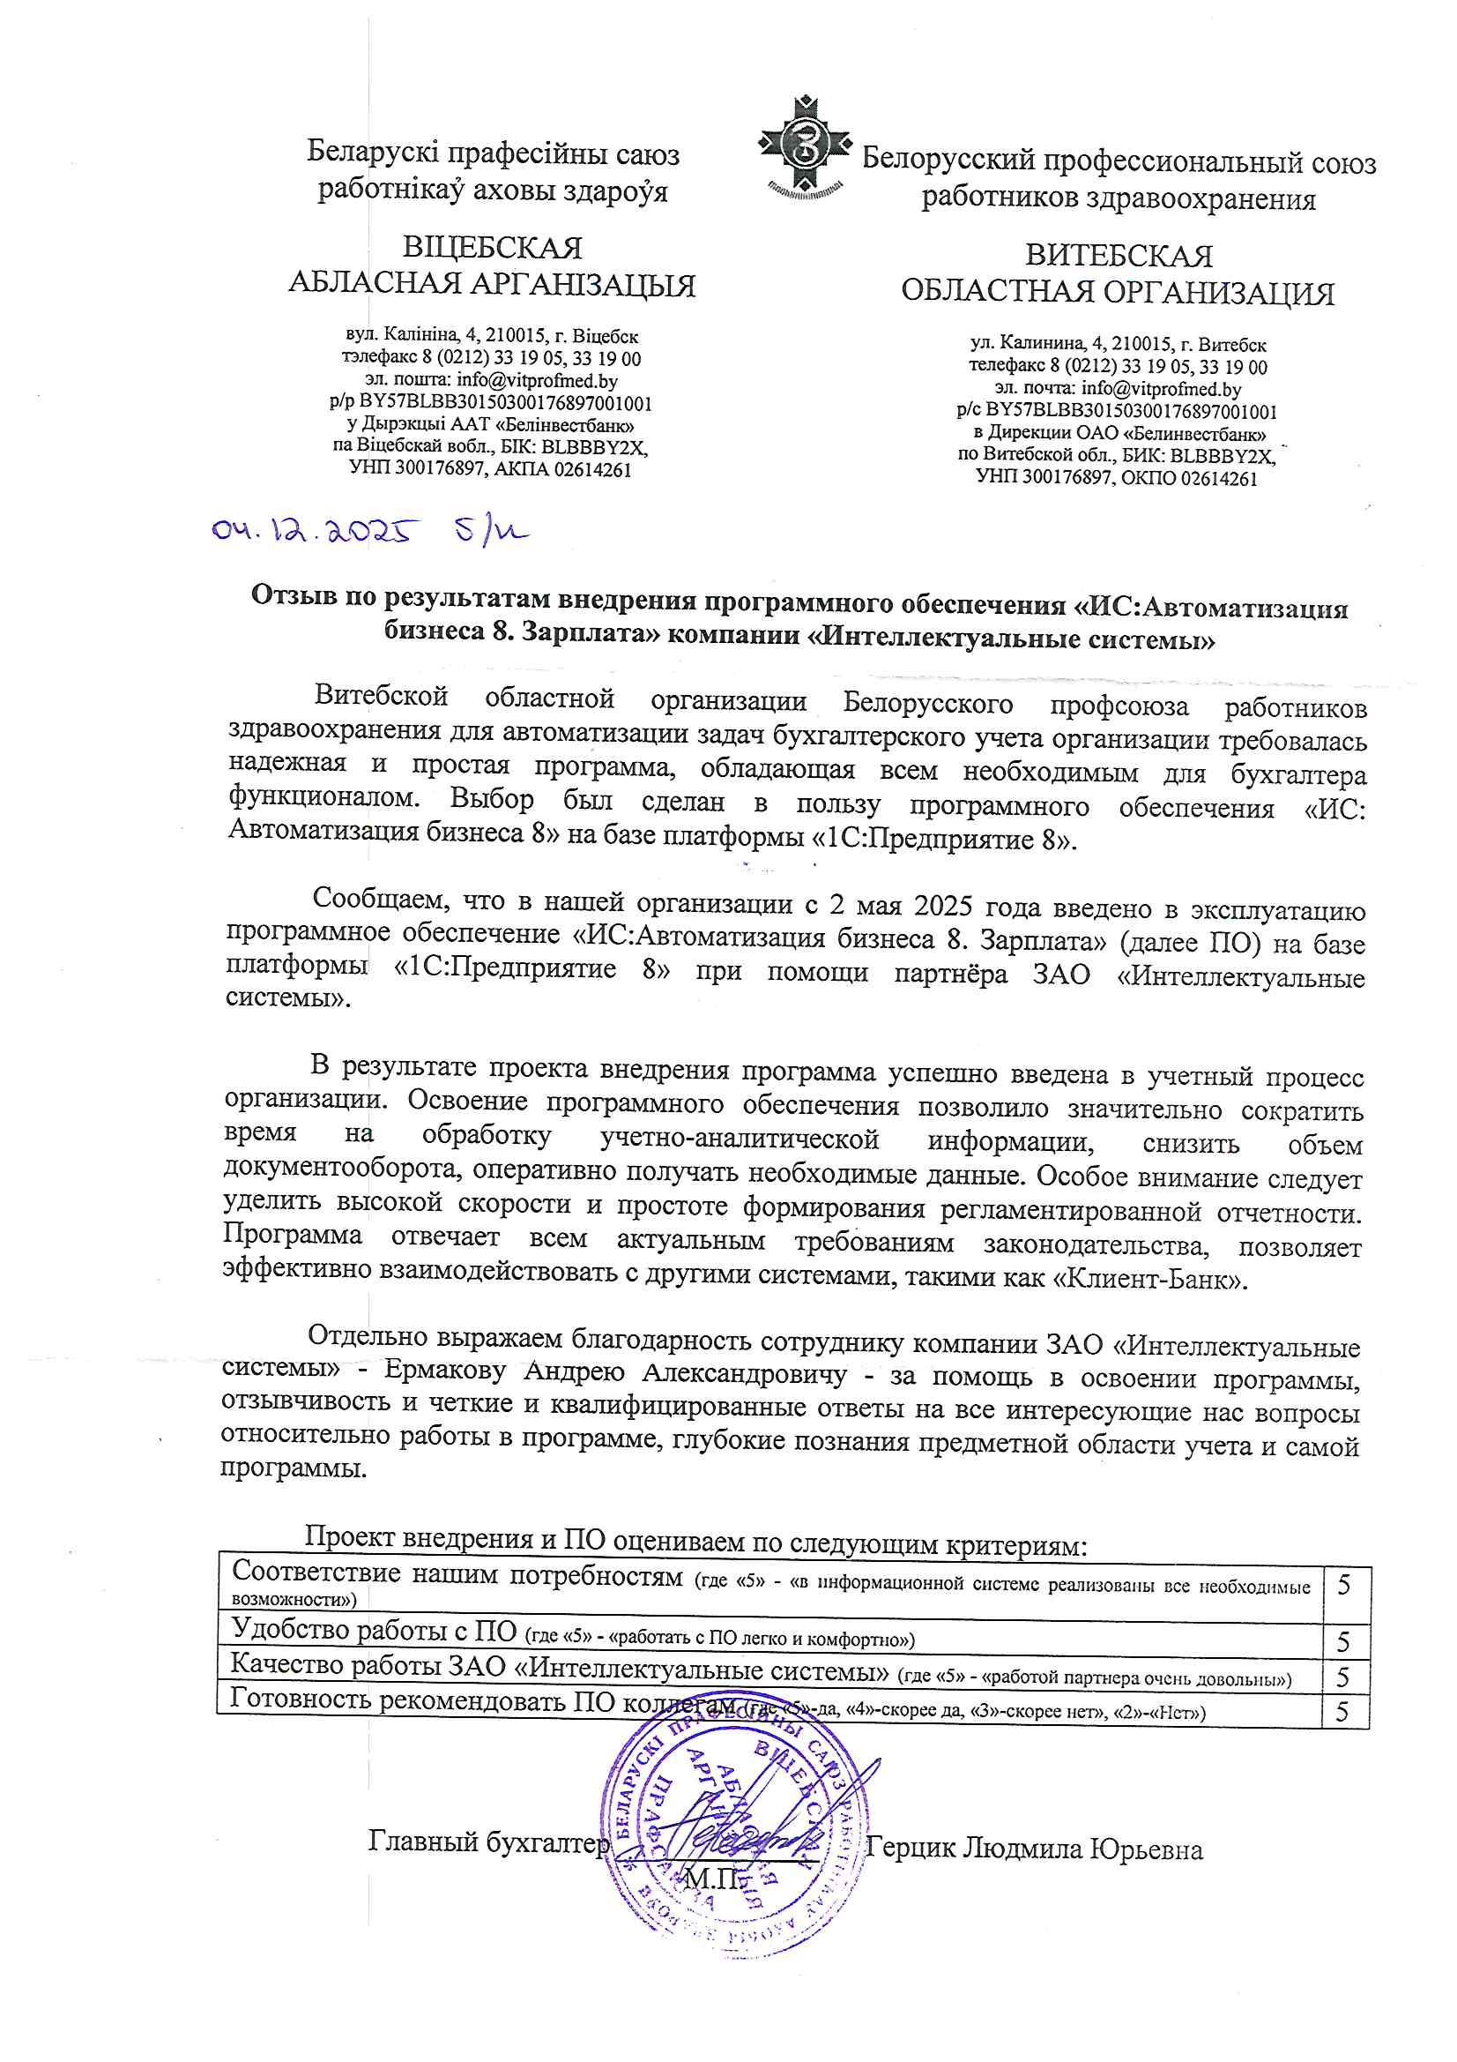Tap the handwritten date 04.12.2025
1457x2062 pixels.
point(314,531)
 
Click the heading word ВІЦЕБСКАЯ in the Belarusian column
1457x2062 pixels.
point(492,248)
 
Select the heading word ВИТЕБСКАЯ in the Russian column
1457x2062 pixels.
point(1119,256)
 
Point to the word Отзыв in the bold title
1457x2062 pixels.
point(298,595)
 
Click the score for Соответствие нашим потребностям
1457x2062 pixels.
point(1344,1585)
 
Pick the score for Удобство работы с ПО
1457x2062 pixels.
point(1344,1641)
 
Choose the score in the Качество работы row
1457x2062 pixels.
point(1344,1677)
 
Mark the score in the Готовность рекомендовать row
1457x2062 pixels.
point(1343,1712)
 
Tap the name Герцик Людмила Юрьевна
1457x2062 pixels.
point(1034,1849)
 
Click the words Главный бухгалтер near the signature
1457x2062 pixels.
point(488,1842)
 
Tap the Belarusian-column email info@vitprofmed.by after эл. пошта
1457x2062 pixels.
point(537,381)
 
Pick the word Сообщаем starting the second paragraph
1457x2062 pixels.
point(380,898)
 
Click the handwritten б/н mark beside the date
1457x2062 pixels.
point(490,532)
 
